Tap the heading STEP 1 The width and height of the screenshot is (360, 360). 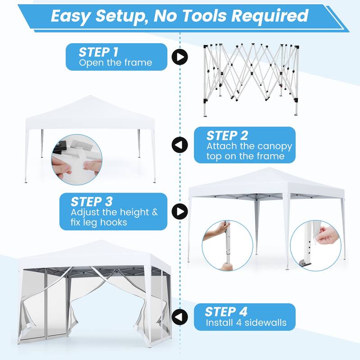pyautogui.click(x=99, y=52)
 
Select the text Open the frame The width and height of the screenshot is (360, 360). pyautogui.click(x=116, y=63)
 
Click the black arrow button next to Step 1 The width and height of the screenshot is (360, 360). pyautogui.click(x=180, y=57)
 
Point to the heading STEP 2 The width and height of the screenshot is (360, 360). pyautogui.click(x=227, y=135)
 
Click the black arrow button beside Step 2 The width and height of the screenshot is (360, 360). pyautogui.click(x=180, y=144)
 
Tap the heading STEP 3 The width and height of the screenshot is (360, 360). pyautogui.click(x=92, y=202)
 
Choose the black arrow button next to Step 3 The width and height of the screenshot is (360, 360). pyautogui.click(x=180, y=211)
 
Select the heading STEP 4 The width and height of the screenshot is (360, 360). pyautogui.click(x=226, y=311)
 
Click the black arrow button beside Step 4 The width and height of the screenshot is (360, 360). pyautogui.click(x=180, y=317)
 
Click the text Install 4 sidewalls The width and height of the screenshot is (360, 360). pyautogui.click(x=246, y=323)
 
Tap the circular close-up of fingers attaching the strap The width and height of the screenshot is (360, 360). pyautogui.click(x=76, y=160)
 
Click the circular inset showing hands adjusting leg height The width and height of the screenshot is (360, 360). pyautogui.click(x=227, y=246)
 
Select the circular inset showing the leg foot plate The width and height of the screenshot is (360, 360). pyautogui.click(x=316, y=246)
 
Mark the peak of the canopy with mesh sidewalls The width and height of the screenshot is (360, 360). pyautogui.click(x=100, y=240)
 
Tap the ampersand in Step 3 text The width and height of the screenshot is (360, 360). pyautogui.click(x=155, y=212)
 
